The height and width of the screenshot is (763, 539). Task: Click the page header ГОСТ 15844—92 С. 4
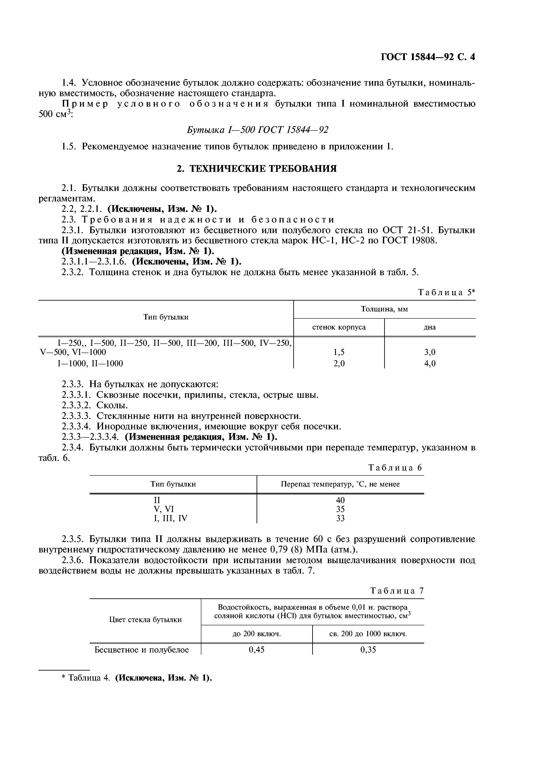(428, 57)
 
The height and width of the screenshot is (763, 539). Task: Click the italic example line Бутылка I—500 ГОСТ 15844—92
(257, 130)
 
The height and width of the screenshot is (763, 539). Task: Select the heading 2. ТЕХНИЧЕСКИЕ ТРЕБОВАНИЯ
(256, 169)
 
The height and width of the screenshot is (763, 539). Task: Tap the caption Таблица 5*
(446, 293)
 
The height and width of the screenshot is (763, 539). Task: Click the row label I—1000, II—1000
(90, 363)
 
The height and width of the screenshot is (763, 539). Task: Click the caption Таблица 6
(395, 468)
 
